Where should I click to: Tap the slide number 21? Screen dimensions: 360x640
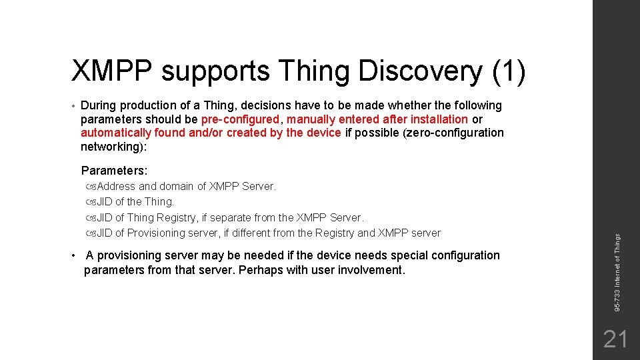[x=615, y=340]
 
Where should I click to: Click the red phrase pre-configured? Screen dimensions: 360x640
[x=240, y=119]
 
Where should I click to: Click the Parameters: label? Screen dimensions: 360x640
[x=114, y=171]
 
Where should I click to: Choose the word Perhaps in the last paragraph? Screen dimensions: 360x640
[x=267, y=270]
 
